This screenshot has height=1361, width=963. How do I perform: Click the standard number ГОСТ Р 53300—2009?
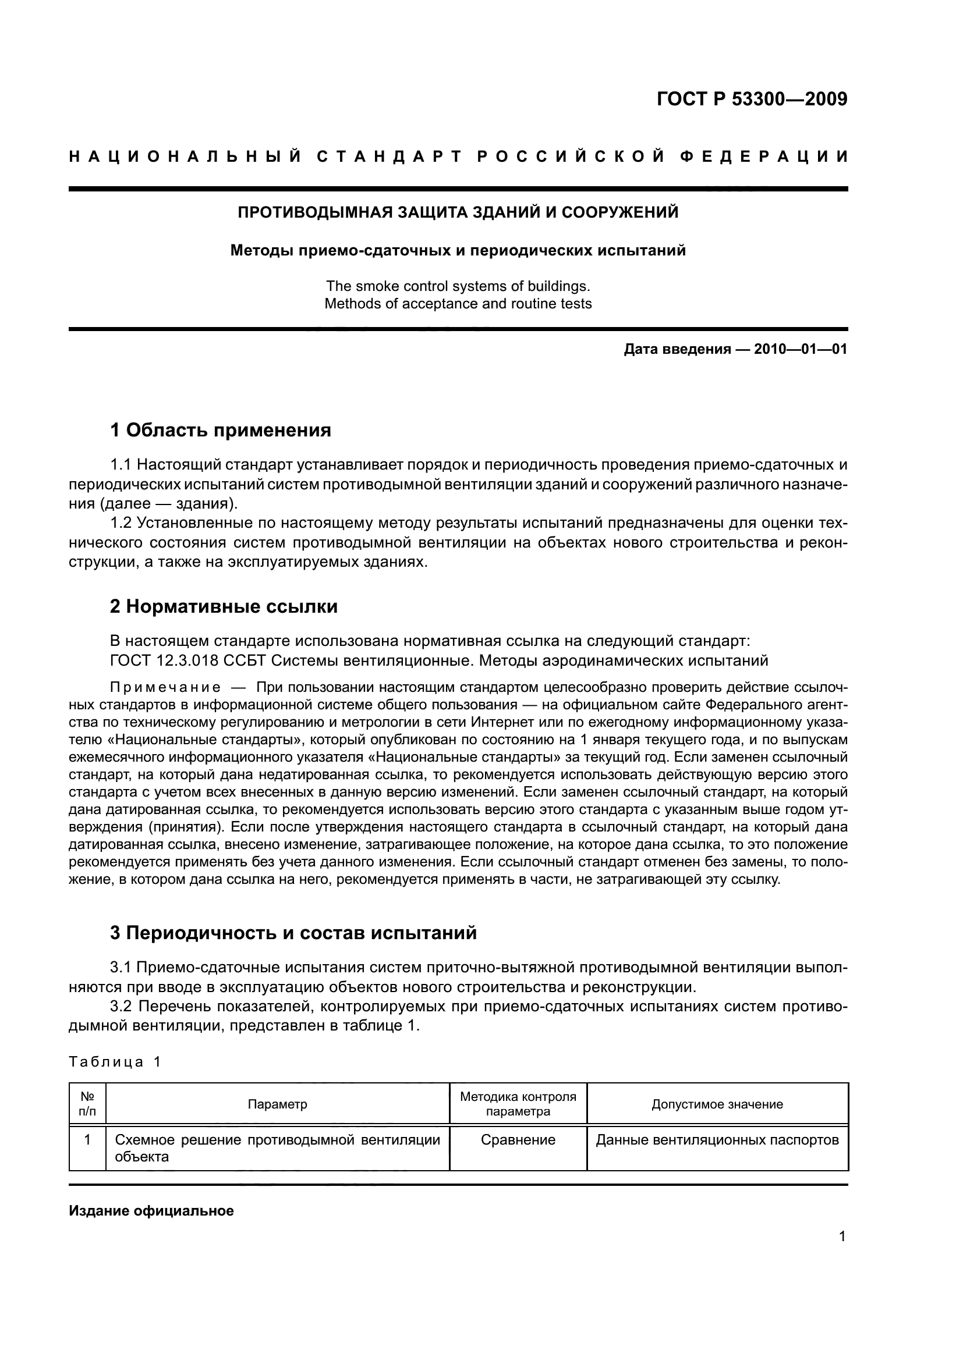[751, 98]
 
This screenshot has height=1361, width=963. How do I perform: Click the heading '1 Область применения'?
[221, 431]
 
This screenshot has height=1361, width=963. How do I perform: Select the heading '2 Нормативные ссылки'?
[224, 606]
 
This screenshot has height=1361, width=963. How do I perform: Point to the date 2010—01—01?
[801, 349]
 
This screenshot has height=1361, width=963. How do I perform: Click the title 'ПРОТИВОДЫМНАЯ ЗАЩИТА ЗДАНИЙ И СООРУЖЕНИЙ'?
[458, 212]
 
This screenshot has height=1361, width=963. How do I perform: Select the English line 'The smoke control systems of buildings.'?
[458, 286]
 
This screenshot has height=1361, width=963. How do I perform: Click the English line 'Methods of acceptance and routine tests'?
[458, 304]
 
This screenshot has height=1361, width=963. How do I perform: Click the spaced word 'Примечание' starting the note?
[165, 688]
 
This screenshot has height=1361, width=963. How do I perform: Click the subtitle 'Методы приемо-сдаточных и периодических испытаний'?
[458, 251]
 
